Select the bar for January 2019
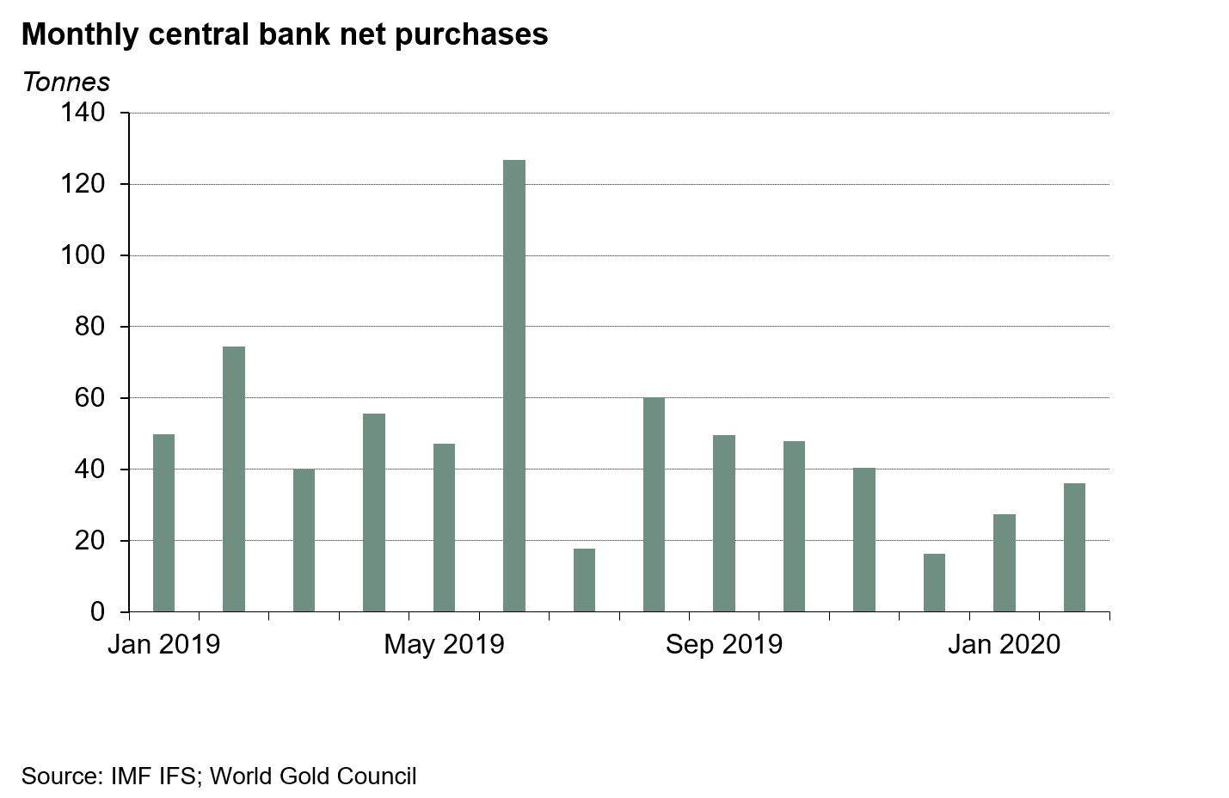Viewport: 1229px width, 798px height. [163, 523]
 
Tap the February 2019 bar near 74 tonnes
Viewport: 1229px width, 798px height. [234, 479]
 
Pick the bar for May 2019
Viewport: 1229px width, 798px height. [444, 527]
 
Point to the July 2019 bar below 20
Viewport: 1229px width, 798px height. [584, 580]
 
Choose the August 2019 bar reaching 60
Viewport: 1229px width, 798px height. [654, 504]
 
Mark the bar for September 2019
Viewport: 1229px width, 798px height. [724, 523]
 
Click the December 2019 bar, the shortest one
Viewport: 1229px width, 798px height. [934, 582]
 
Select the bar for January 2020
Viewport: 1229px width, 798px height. [1005, 562]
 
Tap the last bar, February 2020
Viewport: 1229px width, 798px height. [1074, 547]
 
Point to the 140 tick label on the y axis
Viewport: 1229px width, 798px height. [83, 113]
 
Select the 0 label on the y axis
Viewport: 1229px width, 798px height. [97, 612]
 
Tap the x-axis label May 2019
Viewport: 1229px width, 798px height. [444, 644]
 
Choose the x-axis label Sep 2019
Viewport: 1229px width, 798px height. [724, 644]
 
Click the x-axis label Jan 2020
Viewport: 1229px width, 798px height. [1005, 644]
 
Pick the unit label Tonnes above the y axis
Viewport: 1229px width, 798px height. [66, 82]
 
